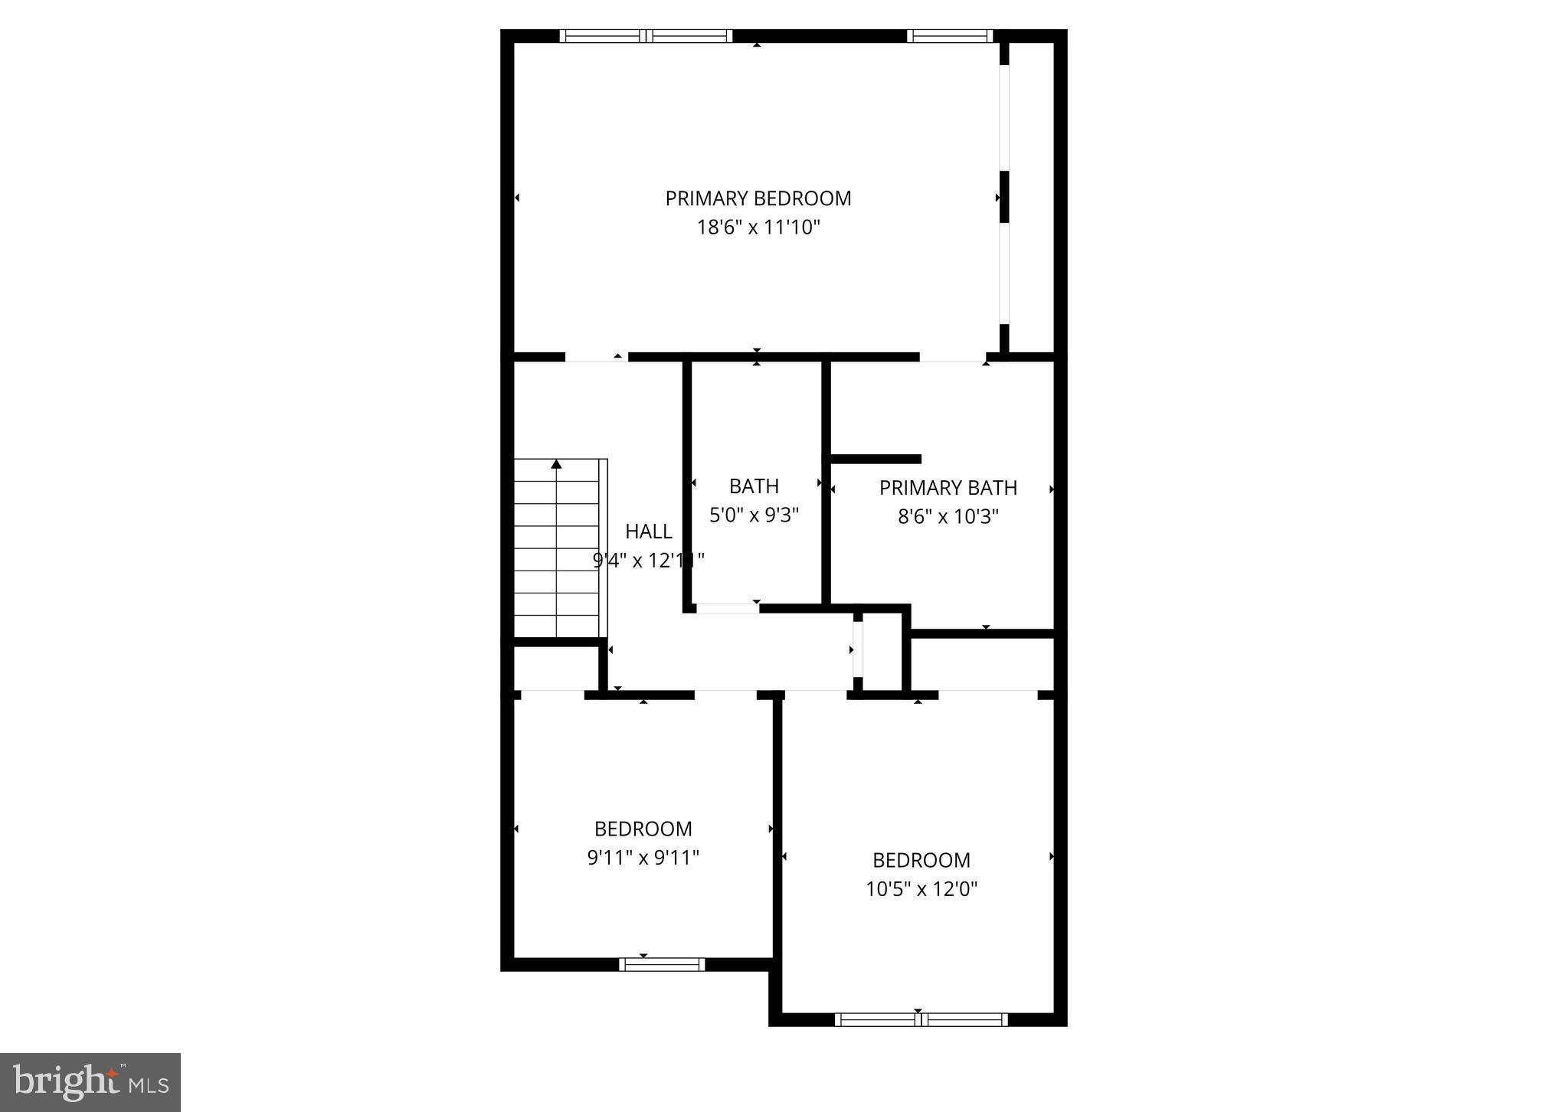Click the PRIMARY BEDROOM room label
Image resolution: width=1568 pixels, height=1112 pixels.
758,198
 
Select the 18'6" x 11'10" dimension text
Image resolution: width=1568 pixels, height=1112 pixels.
758,227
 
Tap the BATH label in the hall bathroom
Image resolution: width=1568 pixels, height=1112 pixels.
754,486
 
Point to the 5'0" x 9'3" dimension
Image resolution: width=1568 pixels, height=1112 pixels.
754,515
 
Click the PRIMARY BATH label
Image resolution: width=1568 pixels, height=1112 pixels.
948,488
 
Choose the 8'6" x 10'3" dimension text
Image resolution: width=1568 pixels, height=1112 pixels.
948,517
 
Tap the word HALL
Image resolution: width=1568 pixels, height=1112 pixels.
648,531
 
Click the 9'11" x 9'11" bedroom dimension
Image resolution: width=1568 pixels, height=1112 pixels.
643,858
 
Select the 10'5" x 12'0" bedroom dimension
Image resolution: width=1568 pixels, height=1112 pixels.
921,889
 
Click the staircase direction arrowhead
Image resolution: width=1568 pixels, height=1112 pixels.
557,464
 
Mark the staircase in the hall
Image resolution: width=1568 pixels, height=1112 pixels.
558,548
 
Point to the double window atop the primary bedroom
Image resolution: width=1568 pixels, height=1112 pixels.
646,36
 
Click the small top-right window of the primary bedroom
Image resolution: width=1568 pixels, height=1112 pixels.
950,36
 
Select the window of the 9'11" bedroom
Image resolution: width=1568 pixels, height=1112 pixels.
662,964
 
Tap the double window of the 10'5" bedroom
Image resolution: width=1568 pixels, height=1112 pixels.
921,1019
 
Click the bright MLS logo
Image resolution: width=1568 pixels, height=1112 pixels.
90,1082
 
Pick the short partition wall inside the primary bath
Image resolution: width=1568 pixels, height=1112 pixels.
876,459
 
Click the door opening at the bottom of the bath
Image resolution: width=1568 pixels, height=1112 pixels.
727,609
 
